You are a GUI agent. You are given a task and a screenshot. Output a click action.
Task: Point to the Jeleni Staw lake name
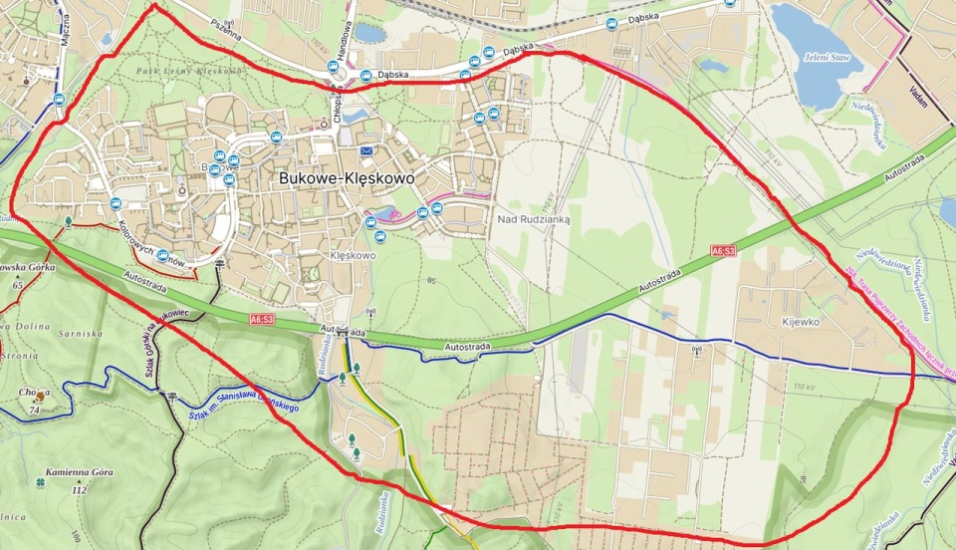point(828,57)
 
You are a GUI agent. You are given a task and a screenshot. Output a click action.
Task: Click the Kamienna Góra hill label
point(80,472)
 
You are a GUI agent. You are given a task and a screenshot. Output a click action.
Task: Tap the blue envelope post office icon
point(366,150)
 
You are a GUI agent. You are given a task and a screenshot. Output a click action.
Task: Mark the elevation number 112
point(80,489)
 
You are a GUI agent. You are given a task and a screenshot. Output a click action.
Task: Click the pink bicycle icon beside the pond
point(392,213)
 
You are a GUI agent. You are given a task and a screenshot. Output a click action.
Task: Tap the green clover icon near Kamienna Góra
point(41,484)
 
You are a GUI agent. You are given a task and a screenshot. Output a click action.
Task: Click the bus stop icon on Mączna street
point(59,99)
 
